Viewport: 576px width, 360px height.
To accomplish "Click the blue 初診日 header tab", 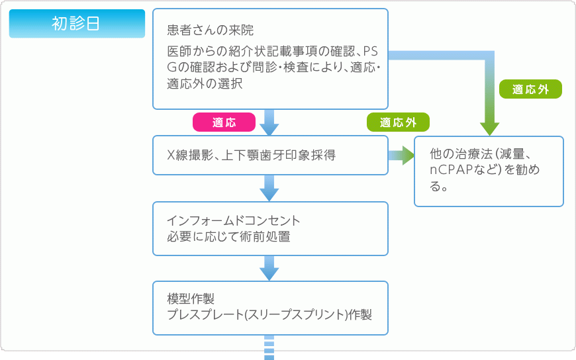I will click(x=77, y=23).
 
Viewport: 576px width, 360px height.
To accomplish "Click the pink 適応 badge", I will click(x=224, y=122).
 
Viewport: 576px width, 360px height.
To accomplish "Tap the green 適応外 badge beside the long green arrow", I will click(x=530, y=89).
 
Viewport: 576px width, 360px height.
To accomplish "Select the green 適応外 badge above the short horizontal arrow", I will click(x=398, y=122).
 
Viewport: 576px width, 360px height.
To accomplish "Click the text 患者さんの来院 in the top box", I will click(x=211, y=30).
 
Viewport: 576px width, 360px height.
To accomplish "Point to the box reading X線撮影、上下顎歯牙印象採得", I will click(x=270, y=156).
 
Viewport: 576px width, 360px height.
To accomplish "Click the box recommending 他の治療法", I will click(x=489, y=171).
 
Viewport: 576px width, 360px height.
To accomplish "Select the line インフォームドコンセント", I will click(x=234, y=220).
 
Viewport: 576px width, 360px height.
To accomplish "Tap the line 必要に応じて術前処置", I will click(x=228, y=236).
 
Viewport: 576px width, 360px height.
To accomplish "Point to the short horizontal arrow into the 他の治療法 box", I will click(x=401, y=156).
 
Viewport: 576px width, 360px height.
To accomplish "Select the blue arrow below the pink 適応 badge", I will click(x=269, y=124).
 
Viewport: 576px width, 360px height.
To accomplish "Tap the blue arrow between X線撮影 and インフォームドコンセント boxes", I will click(x=269, y=188).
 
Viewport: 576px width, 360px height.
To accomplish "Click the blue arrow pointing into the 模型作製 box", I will click(x=269, y=267).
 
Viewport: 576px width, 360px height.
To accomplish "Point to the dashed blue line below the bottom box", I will click(x=269, y=348).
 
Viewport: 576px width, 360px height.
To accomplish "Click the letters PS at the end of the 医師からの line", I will click(x=372, y=51).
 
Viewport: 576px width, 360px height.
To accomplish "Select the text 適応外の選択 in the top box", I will click(x=205, y=84).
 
